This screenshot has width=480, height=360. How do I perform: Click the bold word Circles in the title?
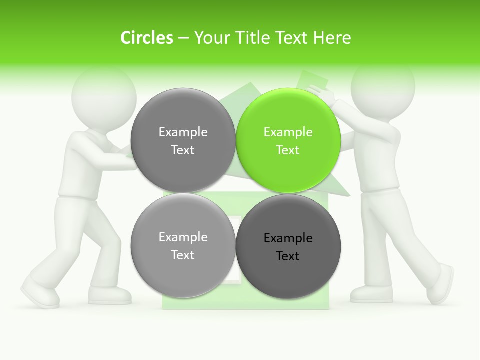click(x=147, y=38)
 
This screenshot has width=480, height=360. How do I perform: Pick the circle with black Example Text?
click(x=288, y=246)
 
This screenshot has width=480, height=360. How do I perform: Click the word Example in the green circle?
click(x=288, y=132)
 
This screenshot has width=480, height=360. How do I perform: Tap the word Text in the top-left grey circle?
click(x=183, y=150)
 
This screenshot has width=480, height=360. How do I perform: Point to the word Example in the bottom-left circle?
click(x=183, y=237)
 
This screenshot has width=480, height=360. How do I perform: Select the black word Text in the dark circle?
click(x=288, y=256)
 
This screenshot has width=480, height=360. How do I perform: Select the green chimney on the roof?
click(x=312, y=80)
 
